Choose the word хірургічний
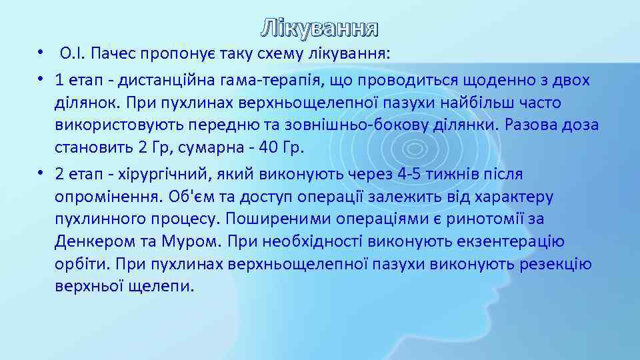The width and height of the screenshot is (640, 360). pyautogui.click(x=154, y=175)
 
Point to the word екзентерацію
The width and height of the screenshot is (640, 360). pyautogui.click(x=507, y=242)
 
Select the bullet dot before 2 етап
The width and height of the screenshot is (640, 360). pyautogui.click(x=41, y=175)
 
